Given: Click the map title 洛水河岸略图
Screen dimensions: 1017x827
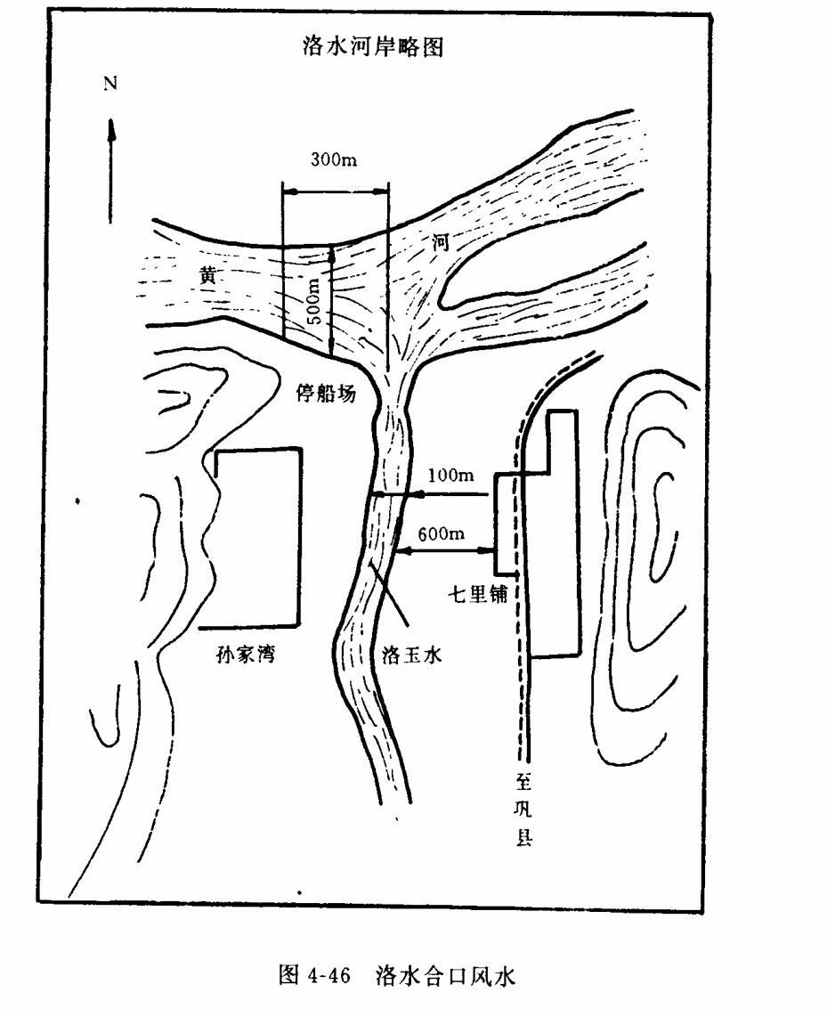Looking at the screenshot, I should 374,48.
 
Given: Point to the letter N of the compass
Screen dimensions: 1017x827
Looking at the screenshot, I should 111,84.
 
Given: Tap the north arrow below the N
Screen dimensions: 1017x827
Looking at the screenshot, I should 112,169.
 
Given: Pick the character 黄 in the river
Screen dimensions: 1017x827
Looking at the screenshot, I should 207,275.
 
